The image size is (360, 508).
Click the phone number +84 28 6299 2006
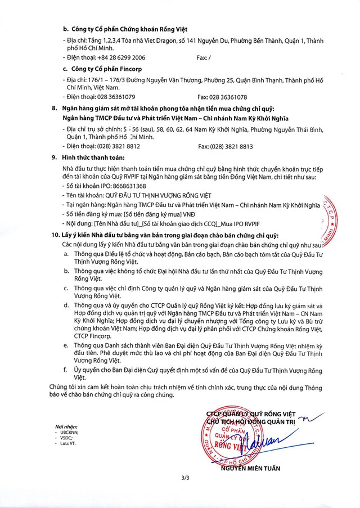(121, 57)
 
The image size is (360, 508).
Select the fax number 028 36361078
(229, 97)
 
